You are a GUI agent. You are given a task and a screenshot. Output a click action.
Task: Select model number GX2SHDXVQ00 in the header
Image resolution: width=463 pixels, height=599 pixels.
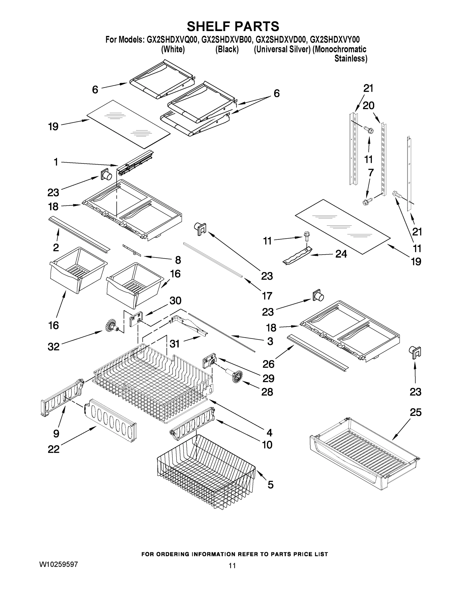[172, 40]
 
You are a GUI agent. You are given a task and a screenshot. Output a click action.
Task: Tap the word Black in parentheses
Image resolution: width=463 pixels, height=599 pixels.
[227, 49]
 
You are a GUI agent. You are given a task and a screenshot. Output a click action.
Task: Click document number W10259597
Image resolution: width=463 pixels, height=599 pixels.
[59, 564]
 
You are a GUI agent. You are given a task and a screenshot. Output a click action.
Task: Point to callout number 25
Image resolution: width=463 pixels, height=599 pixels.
[415, 412]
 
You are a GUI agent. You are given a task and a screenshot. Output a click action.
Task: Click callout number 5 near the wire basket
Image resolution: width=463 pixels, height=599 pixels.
[271, 485]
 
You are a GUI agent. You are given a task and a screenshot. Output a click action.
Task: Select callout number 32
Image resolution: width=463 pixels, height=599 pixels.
[53, 347]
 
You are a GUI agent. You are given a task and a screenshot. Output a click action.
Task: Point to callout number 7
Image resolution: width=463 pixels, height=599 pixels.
[370, 173]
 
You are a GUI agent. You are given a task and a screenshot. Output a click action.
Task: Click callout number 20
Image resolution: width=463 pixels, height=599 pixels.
[368, 106]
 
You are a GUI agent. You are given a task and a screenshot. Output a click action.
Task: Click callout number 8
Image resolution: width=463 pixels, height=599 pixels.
[178, 260]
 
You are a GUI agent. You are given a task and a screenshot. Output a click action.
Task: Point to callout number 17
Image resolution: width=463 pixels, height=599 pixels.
[267, 296]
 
